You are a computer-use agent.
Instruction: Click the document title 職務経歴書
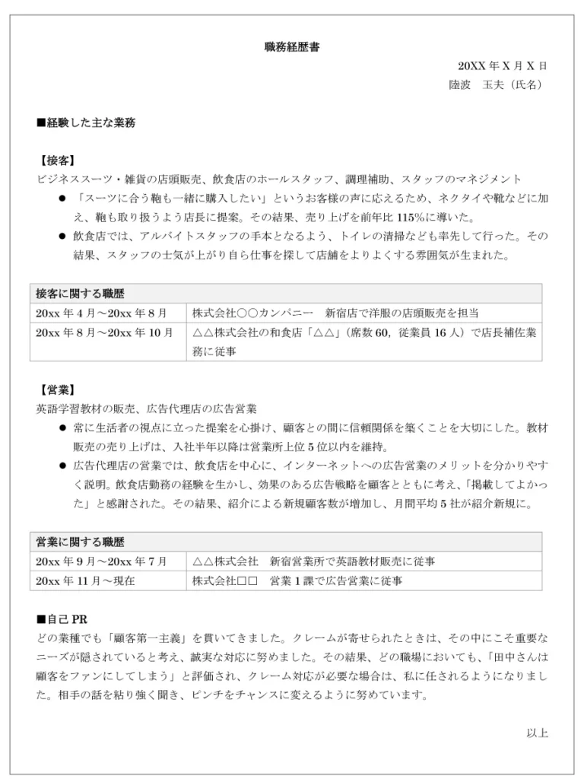(292, 47)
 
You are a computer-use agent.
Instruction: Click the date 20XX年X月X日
(503, 66)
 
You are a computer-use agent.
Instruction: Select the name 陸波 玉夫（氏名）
(496, 85)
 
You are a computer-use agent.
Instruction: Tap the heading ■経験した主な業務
(86, 122)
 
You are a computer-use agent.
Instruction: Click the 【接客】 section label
(56, 161)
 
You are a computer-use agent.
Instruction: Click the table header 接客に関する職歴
(80, 294)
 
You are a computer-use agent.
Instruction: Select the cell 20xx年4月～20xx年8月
(100, 313)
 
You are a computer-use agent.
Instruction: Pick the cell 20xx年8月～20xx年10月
(104, 332)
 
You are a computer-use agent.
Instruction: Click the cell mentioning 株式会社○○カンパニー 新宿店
(335, 313)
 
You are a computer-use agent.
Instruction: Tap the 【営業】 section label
(56, 390)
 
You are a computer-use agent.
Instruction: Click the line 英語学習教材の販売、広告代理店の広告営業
(147, 409)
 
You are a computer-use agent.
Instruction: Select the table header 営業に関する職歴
(80, 542)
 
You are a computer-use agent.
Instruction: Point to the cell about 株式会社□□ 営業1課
(297, 580)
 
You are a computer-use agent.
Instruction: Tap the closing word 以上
(537, 733)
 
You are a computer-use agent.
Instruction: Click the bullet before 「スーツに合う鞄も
(63, 199)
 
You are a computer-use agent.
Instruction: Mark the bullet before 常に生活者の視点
(63, 428)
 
